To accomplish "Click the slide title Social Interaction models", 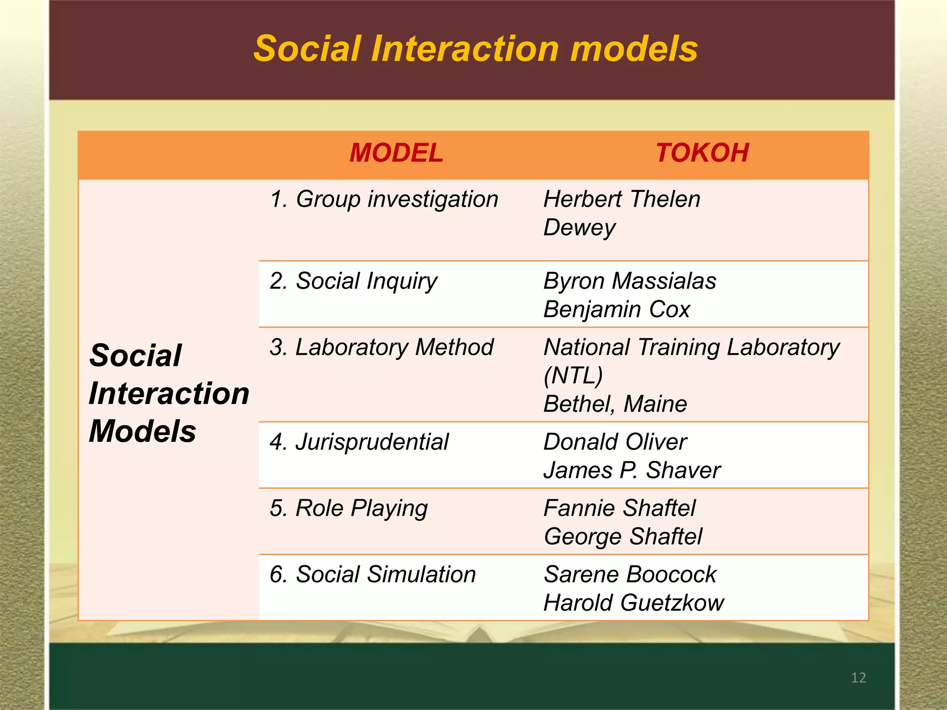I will (x=475, y=49).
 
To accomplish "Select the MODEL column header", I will (x=396, y=153).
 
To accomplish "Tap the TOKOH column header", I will (x=702, y=153).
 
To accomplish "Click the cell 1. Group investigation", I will (x=384, y=200).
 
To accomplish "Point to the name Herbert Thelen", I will (x=621, y=200).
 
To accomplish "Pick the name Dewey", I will (x=579, y=228).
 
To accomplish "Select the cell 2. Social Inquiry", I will (x=353, y=282).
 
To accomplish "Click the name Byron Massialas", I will (x=629, y=281).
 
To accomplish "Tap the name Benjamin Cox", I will (x=616, y=309).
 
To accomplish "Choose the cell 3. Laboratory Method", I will (x=381, y=347).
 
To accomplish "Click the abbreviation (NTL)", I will (x=573, y=375).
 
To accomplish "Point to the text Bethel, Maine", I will (x=615, y=404).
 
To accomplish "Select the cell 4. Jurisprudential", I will (x=359, y=442).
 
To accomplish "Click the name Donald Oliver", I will (x=615, y=442).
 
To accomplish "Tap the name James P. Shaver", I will (x=632, y=471).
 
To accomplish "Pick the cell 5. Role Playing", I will (x=349, y=508).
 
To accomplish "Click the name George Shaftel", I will (x=622, y=537).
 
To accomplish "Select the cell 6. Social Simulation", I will (x=373, y=575).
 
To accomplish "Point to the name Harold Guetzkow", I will (x=633, y=603).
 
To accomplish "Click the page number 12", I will (x=858, y=678).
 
